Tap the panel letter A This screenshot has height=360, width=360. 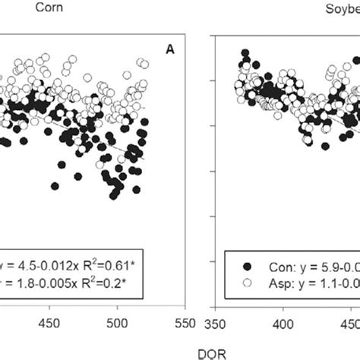(x=171, y=49)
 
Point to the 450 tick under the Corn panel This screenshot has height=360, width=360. (x=49, y=323)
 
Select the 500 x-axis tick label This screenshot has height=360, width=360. (x=118, y=323)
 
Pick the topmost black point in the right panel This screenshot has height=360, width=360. (x=245, y=54)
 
